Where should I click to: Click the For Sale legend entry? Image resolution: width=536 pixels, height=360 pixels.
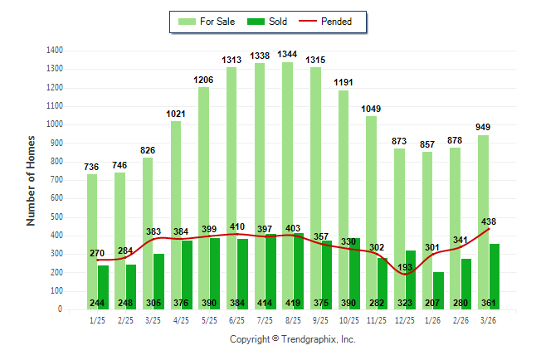pos(207,22)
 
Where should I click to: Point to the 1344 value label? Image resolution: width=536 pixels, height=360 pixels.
pos(287,54)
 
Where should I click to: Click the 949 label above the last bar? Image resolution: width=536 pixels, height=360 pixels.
pos(483,127)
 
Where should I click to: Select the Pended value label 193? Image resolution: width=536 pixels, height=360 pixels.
pos(403,267)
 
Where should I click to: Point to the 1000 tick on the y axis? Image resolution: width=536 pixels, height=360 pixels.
pos(56,124)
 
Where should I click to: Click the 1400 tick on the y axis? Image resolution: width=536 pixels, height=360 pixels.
pos(56,50)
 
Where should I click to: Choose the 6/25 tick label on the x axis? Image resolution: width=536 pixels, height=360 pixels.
pos(237,320)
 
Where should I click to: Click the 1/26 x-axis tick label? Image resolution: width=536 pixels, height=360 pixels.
pos(432,320)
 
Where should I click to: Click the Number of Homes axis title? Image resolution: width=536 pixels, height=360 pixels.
pos(32,180)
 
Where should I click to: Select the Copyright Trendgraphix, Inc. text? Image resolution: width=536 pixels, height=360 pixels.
pos(292,339)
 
